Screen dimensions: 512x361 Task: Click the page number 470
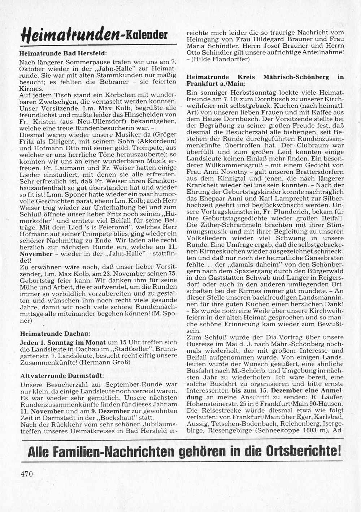27,474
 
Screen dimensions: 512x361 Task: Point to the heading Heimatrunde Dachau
55,334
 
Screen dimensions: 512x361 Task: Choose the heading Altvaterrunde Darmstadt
62,375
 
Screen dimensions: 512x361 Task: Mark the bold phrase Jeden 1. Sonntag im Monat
63,342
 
